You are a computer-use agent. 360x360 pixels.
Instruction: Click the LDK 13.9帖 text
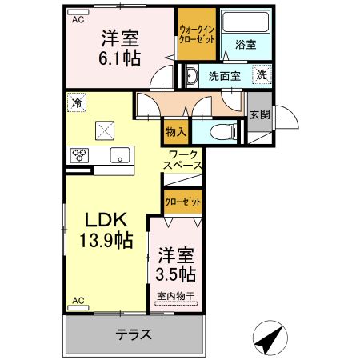point(104,228)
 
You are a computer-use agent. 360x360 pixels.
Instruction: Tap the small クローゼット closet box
point(183,201)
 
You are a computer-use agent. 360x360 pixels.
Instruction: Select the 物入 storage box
point(176,130)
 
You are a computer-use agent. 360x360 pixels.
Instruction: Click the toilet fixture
point(220,131)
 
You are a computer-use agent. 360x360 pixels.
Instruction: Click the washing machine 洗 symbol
point(262,75)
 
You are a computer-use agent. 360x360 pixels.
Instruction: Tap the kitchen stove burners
point(81,156)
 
